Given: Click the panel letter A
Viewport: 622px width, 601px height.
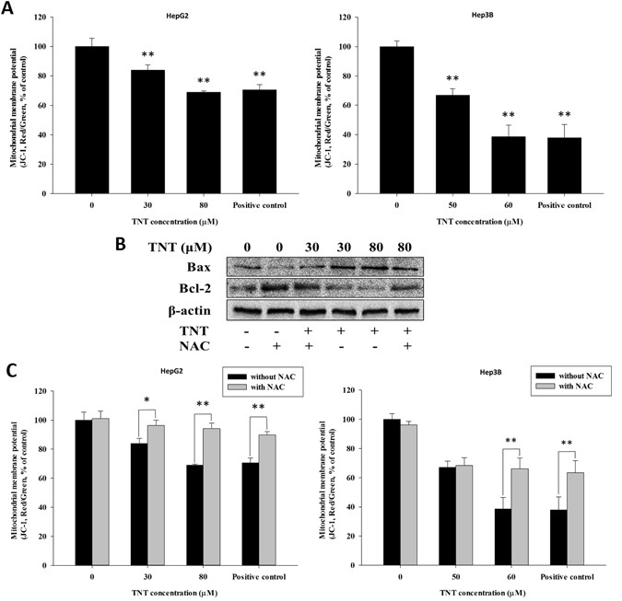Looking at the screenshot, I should click(9, 8).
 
